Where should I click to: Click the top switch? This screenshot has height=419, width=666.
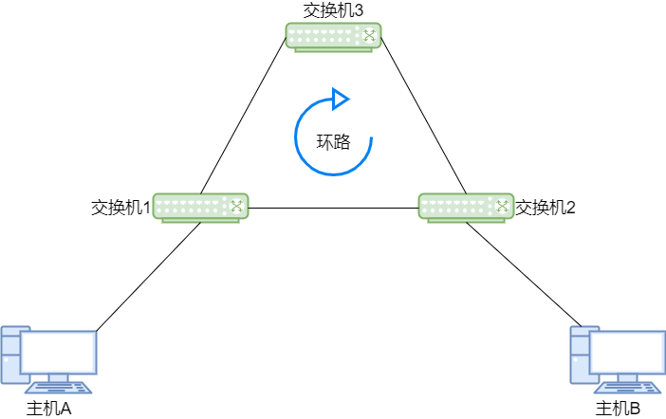(x=333, y=36)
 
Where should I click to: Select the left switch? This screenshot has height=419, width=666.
(x=200, y=207)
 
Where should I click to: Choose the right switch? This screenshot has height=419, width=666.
(x=466, y=207)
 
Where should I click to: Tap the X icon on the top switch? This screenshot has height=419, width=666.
(x=369, y=35)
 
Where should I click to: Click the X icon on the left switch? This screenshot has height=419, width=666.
(x=236, y=206)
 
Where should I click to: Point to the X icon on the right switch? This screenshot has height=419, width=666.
(x=502, y=206)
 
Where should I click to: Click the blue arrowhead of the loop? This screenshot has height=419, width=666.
(x=340, y=99)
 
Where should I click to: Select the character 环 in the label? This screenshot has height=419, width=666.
(x=324, y=143)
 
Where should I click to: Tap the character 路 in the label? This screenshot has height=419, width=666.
(x=342, y=143)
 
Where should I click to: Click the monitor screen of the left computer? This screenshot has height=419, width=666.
(x=59, y=352)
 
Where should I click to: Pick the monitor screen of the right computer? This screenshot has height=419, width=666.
(x=628, y=352)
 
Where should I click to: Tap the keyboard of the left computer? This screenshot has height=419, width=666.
(x=59, y=388)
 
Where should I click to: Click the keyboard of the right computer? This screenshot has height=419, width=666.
(x=628, y=388)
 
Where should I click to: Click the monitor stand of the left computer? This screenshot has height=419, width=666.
(x=59, y=377)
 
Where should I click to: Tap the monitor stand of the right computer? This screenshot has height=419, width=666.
(x=628, y=377)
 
